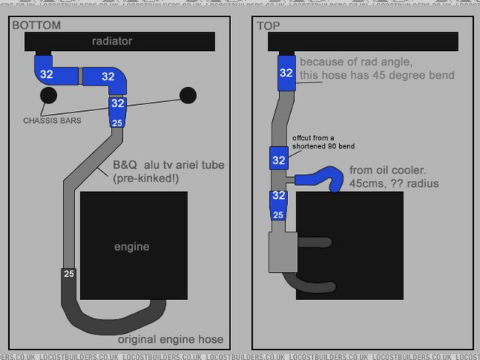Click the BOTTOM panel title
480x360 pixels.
pos(36,25)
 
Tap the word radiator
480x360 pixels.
pos(112,41)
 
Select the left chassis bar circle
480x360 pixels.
pos(49,95)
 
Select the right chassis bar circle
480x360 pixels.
pos(187,95)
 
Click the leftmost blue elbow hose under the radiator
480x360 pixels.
pos(46,73)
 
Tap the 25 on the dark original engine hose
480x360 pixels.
pos(69,272)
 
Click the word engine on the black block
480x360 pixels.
pos(131,246)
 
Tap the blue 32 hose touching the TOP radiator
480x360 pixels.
pos(286,73)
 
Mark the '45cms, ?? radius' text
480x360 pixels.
pos(393,184)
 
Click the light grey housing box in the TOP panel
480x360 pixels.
pos(283,251)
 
